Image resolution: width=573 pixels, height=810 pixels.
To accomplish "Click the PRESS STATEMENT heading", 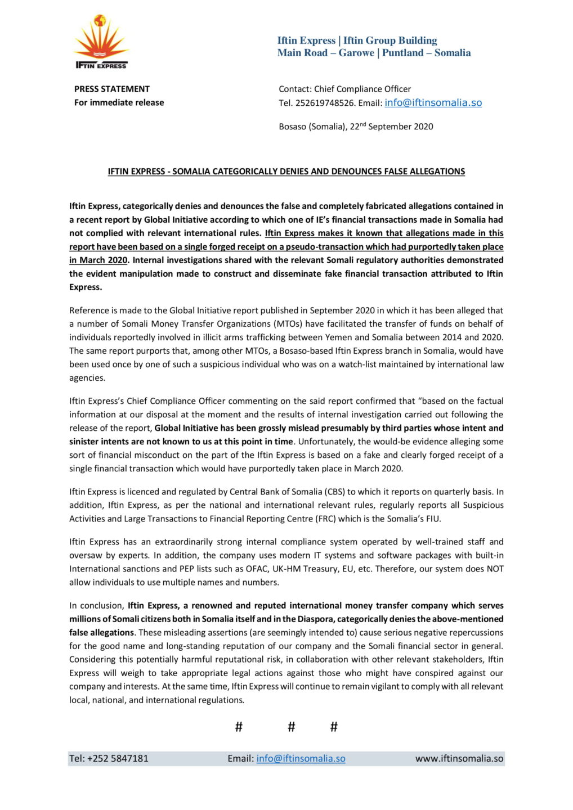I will click(x=112, y=89).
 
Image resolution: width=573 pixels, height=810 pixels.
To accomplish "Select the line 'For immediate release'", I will click(x=119, y=102).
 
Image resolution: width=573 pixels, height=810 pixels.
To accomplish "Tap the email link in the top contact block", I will click(x=433, y=102).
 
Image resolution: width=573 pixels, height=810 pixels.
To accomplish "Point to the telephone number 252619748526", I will click(x=325, y=103).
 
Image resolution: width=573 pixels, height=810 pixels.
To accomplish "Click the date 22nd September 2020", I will click(x=392, y=127).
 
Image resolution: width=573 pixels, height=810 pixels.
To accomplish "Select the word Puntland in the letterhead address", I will click(x=403, y=53).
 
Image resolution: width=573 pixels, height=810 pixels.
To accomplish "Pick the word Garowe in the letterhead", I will click(x=356, y=53).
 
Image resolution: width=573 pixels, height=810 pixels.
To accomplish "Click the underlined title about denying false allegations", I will click(x=286, y=172).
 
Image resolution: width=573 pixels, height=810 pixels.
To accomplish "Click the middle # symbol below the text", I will click(x=291, y=727).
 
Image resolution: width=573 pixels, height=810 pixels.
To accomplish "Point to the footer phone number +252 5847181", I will click(x=109, y=758).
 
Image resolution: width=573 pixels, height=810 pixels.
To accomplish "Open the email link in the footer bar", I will click(x=301, y=758).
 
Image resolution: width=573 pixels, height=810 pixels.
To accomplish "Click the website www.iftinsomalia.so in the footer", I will click(x=459, y=758).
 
